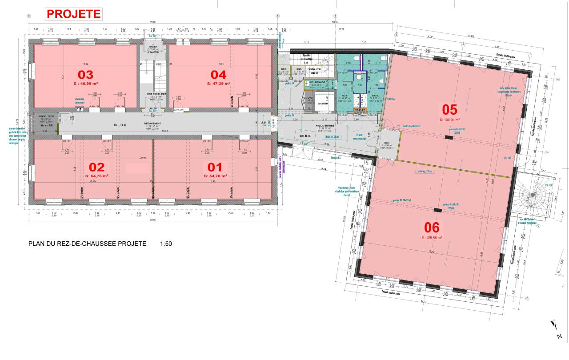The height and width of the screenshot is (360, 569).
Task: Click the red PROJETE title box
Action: [73, 14]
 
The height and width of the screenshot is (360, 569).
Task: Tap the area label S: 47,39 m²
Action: [218, 83]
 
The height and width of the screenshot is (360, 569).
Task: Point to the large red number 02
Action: [96, 167]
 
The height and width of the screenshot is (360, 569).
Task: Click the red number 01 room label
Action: [215, 167]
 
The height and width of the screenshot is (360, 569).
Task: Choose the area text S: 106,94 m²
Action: [449, 120]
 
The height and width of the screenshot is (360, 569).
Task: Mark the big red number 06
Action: [432, 228]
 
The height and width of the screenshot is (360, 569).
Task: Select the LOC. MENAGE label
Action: [317, 83]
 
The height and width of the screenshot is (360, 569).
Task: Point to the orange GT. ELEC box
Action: [360, 110]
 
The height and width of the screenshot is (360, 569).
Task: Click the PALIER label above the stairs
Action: [153, 46]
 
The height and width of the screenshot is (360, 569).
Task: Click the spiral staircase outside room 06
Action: [533, 198]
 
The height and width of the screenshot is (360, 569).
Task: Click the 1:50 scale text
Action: [165, 244]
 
